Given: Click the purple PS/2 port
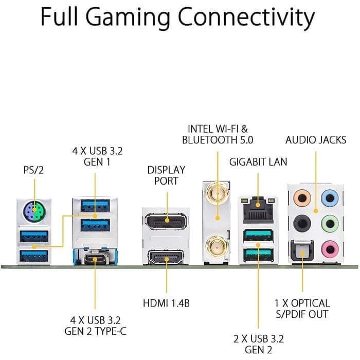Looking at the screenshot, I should click(34, 211).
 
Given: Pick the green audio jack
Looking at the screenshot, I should click(330, 223).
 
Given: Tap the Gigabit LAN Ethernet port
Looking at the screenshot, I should click(257, 207).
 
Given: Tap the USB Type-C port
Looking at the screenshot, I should click(95, 256).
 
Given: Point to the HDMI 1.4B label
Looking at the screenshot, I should click(166, 303).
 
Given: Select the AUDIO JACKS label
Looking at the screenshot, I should click(316, 139).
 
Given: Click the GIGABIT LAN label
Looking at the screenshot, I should click(258, 162).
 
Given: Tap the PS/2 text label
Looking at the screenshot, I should click(33, 169).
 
